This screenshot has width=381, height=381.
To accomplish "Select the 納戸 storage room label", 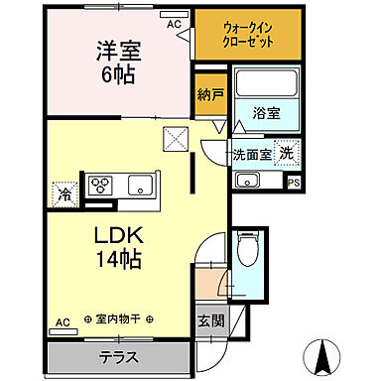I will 207,96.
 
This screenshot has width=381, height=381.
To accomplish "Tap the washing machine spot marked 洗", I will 286,154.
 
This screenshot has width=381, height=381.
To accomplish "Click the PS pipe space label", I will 293,183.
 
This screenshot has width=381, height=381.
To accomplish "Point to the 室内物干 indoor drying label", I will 117,319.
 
